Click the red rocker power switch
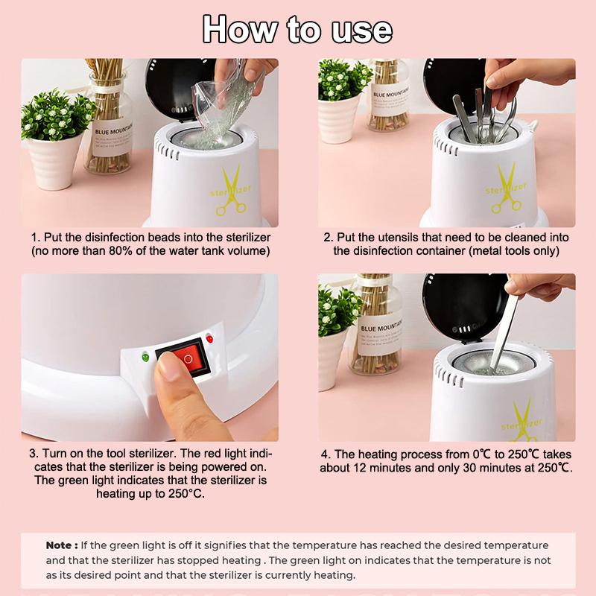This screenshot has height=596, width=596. tap(183, 358)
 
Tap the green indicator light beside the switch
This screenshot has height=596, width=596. tap(145, 358)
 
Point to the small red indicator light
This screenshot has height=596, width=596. tap(209, 338)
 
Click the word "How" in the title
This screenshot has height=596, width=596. tap(239, 29)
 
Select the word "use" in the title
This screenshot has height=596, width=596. tap(361, 31)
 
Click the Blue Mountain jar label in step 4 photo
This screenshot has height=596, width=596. tap(381, 337)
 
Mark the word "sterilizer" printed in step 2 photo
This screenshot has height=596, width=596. tap(506, 188)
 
